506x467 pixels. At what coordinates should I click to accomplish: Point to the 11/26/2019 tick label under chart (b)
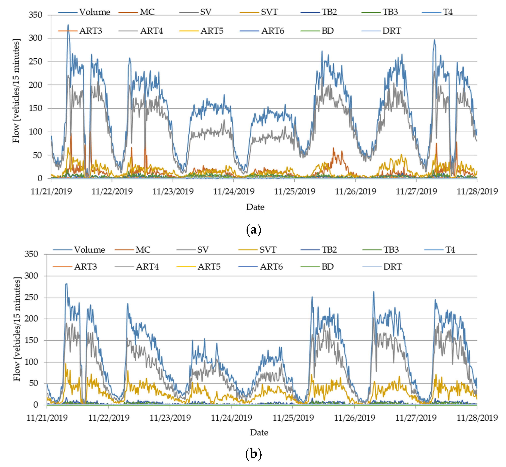coord(354,418)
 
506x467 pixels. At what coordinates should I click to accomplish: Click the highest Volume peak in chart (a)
coord(68,25)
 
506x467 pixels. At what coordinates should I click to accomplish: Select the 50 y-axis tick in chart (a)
coord(37,155)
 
